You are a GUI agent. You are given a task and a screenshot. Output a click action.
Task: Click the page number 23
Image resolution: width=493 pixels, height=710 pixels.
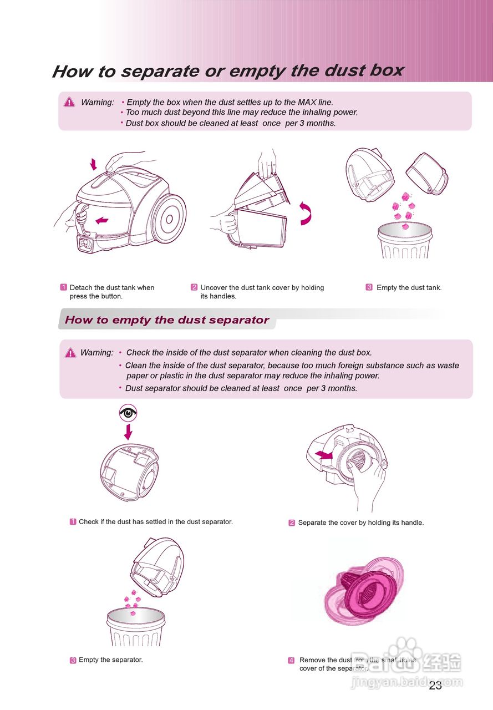coord(435,686)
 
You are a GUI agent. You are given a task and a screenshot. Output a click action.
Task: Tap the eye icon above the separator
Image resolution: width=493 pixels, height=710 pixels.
coord(128,413)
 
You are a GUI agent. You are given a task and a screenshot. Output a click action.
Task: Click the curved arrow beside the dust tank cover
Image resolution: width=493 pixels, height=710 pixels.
coord(306,214)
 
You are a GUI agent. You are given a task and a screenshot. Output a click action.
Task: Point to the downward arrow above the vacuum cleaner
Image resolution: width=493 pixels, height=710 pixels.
coord(93,164)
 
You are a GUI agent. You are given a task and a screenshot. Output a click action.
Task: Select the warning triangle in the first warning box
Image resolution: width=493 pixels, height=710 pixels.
coord(69,102)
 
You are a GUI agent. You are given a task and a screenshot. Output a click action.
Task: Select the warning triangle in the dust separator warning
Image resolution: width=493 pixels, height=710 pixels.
coord(70,353)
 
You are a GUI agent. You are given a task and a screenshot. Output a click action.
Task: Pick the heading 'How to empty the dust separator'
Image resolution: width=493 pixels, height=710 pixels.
coord(167,320)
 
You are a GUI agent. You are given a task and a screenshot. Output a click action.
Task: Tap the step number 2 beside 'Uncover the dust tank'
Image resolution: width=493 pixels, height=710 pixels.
coord(194,287)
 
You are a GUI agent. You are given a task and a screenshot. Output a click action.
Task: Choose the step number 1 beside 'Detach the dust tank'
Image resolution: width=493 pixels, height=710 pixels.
coord(64,287)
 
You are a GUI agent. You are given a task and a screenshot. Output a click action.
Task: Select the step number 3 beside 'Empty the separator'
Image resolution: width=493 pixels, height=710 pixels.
coord(73,660)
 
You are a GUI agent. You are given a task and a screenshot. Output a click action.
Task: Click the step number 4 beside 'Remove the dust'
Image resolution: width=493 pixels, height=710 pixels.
coord(291,660)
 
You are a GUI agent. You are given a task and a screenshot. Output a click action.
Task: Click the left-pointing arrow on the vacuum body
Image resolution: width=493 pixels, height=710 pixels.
coord(101,221)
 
